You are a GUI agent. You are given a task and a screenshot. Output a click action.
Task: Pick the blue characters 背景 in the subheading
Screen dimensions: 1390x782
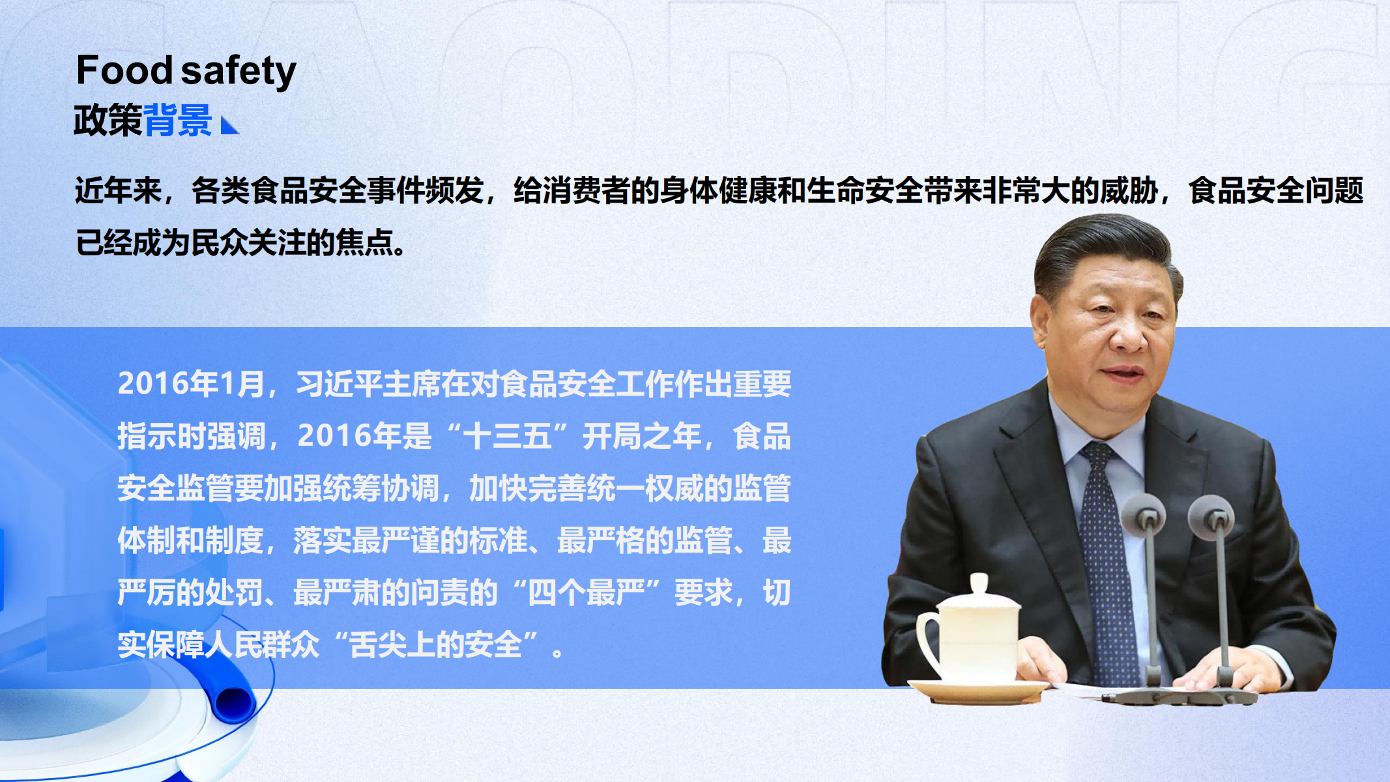point(177,120)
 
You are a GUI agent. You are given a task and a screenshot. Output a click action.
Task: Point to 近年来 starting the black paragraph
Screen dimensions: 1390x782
point(118,190)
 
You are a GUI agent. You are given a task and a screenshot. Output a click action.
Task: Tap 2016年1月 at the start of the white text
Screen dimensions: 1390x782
point(191,384)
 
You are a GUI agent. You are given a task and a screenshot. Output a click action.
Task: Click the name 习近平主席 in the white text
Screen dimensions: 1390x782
point(368,384)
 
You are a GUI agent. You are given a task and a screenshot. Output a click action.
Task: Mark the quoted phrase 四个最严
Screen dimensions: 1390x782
point(586,592)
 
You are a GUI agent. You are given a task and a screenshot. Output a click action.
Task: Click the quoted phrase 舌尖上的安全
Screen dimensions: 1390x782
point(436,644)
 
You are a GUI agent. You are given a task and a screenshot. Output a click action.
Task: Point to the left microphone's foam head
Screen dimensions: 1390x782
point(1144,515)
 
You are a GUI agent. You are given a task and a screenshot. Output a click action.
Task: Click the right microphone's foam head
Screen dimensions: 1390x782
point(1211,517)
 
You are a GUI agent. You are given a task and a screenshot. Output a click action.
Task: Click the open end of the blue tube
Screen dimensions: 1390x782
point(233,702)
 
